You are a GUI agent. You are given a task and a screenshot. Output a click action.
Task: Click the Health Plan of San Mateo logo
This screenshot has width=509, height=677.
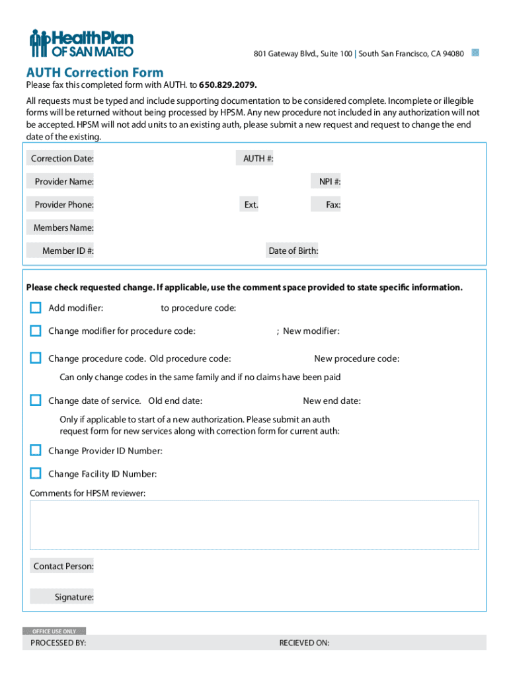(81, 44)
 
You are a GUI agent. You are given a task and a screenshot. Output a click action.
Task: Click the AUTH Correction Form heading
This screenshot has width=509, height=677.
(95, 73)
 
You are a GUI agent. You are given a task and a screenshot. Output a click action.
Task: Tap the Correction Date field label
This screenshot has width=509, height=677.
(62, 159)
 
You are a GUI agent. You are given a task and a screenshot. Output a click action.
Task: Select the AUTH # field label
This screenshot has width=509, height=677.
(258, 159)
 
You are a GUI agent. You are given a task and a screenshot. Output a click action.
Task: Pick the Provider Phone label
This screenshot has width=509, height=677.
(63, 205)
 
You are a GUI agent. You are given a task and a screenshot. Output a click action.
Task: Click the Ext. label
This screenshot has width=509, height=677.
(251, 205)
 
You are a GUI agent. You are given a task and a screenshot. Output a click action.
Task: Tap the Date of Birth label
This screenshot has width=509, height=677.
(293, 251)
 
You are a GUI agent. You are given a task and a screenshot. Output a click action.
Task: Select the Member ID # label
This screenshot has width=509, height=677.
(67, 251)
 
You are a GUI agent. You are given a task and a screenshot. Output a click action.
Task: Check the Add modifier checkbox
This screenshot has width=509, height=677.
(36, 307)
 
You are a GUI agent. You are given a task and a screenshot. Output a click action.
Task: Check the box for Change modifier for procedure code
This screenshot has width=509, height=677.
(36, 331)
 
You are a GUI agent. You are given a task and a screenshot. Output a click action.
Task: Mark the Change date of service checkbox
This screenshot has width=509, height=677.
(36, 400)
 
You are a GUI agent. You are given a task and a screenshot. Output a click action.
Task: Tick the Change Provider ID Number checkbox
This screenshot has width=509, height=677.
(36, 450)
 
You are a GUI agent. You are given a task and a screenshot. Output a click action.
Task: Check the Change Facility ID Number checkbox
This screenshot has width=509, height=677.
(36, 473)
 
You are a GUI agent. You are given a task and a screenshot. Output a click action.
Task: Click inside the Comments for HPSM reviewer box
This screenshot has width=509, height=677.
(255, 525)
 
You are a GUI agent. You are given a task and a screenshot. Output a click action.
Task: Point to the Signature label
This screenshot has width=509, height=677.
(73, 597)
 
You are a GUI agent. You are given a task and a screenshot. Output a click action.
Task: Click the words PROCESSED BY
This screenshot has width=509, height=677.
(58, 643)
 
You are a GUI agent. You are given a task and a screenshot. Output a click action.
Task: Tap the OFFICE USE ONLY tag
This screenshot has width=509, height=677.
(54, 631)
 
